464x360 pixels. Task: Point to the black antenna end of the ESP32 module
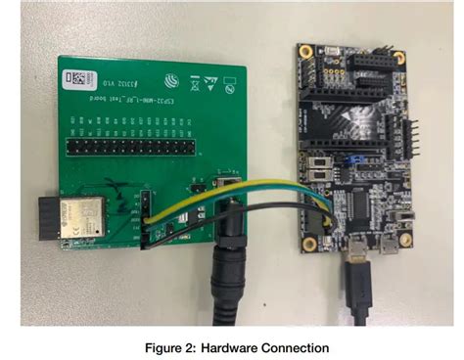(x=48, y=216)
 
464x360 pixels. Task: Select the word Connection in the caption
(x=293, y=346)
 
